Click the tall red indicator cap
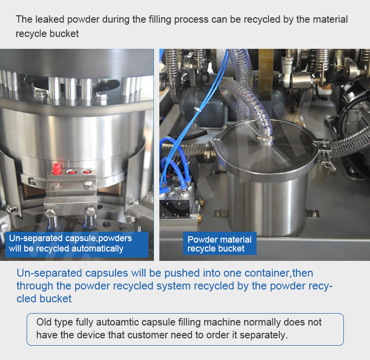coord(57,169)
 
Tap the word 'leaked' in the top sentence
coord(49,19)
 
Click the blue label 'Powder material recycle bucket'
coord(220,244)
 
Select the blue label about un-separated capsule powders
coord(77,245)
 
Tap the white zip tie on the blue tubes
coord(196,109)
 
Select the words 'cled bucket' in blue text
coord(44,299)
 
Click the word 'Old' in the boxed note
coord(43,322)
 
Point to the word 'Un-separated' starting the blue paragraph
coord(49,273)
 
